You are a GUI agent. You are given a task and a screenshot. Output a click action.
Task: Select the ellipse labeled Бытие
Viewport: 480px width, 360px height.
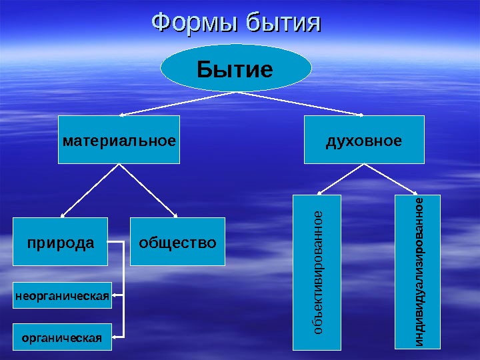click(236, 68)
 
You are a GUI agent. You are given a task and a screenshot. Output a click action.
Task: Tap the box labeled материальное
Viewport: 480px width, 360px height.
click(119, 140)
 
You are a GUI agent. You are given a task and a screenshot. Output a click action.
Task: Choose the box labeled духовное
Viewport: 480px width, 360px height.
click(364, 140)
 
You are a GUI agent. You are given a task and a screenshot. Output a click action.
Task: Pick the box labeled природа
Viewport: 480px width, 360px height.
click(61, 242)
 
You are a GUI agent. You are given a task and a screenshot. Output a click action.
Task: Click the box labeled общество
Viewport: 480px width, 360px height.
click(177, 242)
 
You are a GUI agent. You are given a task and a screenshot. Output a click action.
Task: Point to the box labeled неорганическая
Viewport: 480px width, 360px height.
click(62, 295)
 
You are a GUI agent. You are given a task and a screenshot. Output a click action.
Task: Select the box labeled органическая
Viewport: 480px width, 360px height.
click(62, 337)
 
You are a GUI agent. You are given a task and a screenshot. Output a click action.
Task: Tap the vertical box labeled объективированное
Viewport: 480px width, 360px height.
click(317, 272)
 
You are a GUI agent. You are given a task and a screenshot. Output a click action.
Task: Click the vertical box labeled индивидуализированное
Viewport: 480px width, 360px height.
click(418, 272)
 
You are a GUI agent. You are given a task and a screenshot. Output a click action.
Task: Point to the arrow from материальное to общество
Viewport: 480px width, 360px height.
click(149, 190)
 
